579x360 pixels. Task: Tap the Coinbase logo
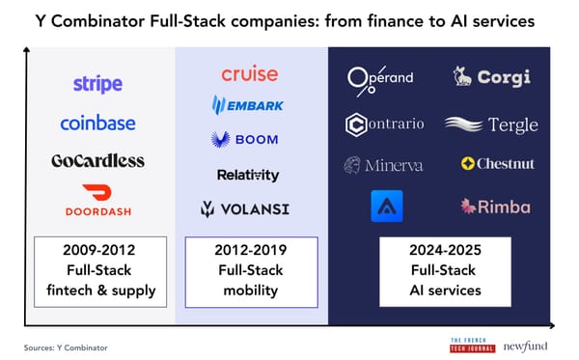(97, 123)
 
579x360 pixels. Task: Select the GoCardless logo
(97, 160)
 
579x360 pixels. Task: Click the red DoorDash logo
(98, 199)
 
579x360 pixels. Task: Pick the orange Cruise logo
(249, 73)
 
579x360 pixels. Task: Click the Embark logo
(248, 105)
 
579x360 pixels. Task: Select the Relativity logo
(248, 175)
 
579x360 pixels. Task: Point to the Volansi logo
(245, 208)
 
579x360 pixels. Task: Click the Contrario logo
(384, 125)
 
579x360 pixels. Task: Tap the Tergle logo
(491, 125)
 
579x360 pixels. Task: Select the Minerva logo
(383, 165)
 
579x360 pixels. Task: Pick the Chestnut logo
(498, 164)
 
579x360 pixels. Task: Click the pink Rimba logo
(495, 206)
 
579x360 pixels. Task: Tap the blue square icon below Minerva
(386, 207)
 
